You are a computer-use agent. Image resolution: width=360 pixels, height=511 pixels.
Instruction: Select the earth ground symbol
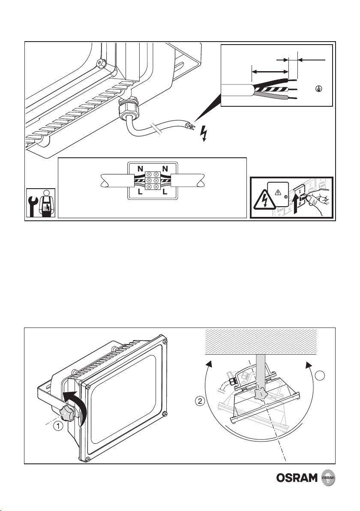(318, 89)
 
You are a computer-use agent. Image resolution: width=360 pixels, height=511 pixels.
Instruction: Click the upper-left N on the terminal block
(140, 169)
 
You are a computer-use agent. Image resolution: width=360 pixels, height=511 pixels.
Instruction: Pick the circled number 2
(198, 402)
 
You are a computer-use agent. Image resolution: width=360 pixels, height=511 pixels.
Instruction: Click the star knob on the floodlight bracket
(68, 413)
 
